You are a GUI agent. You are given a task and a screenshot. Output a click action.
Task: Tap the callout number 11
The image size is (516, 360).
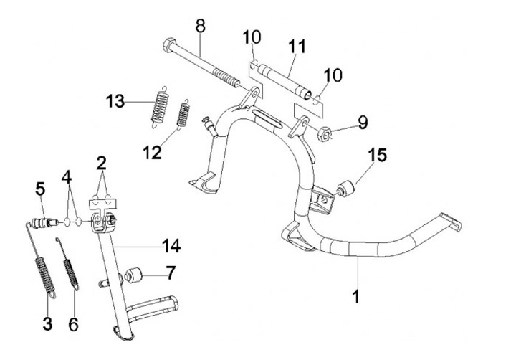pos(295,47)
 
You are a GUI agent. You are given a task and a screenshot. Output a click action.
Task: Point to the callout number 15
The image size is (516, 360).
pos(378,154)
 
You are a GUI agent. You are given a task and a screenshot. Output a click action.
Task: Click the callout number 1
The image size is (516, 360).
pos(356,295)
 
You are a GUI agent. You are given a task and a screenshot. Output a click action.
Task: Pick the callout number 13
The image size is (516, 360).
pos(116,103)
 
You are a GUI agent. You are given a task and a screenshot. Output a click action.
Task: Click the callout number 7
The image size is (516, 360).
pos(170,273)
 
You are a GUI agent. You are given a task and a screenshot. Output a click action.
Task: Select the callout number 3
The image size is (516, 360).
pos(47,323)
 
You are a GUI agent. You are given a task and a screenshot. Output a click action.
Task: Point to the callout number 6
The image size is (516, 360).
pos(73,323)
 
